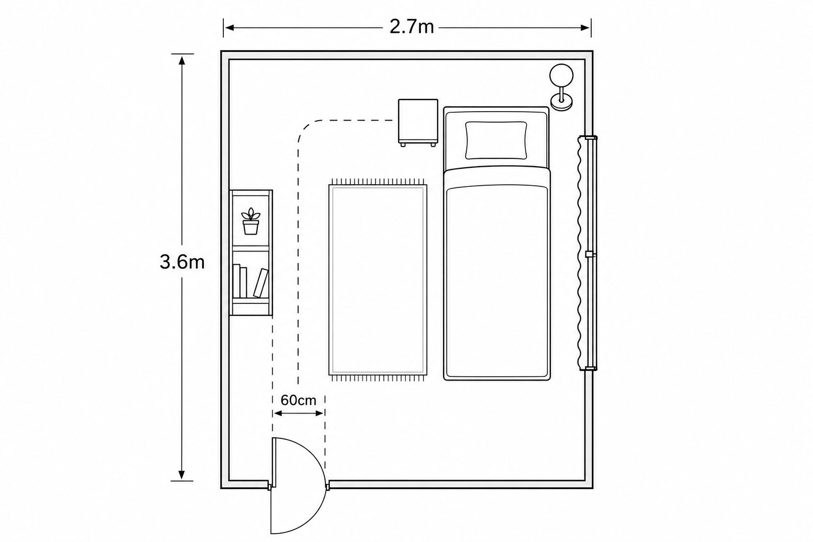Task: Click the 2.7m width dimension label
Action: click(x=412, y=27)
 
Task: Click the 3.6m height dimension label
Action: click(x=182, y=262)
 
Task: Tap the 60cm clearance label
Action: click(x=299, y=400)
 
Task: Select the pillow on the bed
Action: click(x=496, y=140)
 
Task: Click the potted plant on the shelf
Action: click(x=251, y=221)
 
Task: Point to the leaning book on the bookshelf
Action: click(x=261, y=283)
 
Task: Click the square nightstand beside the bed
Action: click(x=418, y=123)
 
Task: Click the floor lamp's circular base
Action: click(x=562, y=102)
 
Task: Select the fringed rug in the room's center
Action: click(x=378, y=280)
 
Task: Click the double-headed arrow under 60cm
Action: click(x=299, y=413)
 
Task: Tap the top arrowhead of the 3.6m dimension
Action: click(x=182, y=61)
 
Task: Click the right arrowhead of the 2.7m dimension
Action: click(x=585, y=28)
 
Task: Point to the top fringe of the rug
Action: click(x=378, y=181)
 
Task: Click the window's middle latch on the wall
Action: click(x=590, y=254)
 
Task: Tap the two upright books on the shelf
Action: click(x=240, y=282)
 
